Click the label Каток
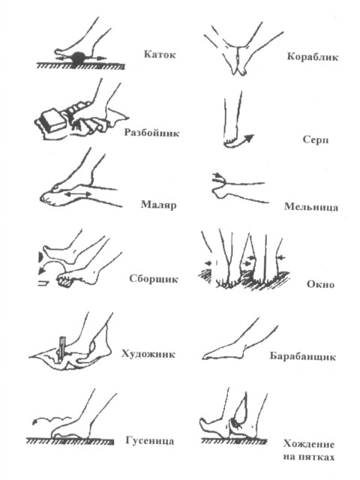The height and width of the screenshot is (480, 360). (160, 55)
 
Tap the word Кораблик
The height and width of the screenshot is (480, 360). (313, 57)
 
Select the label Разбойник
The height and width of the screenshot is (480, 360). (151, 133)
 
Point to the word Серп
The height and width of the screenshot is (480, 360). (316, 139)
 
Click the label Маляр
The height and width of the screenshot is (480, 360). (158, 204)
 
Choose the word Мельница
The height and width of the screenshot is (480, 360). (311, 207)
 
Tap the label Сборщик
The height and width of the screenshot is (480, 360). (154, 279)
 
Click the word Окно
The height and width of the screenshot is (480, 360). (320, 284)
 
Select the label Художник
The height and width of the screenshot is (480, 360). (148, 354)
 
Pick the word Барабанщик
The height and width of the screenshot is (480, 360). (302, 356)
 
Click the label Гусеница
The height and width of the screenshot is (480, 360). (150, 441)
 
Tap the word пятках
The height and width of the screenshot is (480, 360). (318, 457)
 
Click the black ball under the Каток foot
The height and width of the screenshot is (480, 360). (78, 58)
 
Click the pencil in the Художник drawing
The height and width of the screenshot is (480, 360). (61, 348)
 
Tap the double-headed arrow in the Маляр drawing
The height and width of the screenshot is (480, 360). (77, 194)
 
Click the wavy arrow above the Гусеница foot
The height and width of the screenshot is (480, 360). (52, 419)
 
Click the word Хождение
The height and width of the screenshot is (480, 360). (309, 444)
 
